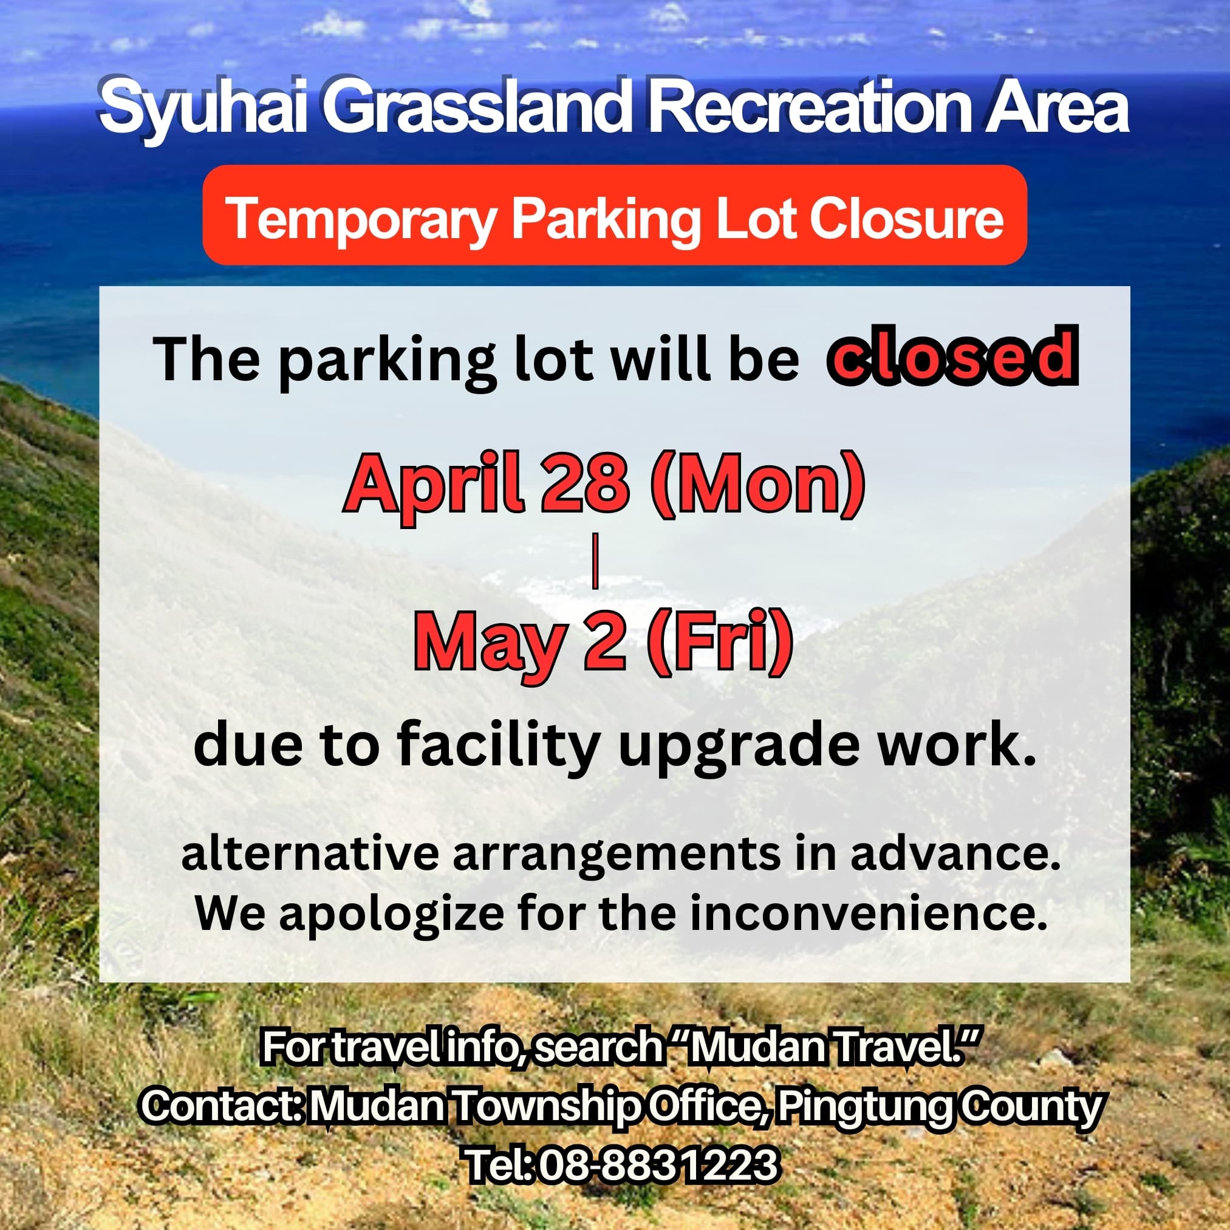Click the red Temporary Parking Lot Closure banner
coord(614,215)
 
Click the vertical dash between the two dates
coord(595,565)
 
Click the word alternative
coord(310,855)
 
